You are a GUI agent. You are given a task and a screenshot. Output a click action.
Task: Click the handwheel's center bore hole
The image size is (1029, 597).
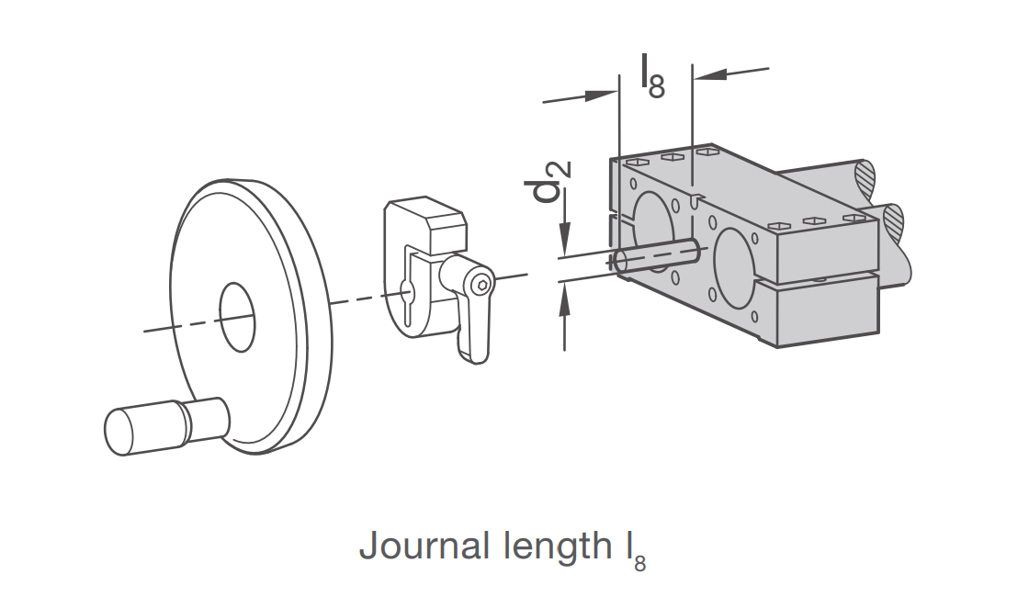click(x=237, y=317)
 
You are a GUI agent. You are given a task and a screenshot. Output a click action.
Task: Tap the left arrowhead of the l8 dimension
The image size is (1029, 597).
click(x=601, y=96)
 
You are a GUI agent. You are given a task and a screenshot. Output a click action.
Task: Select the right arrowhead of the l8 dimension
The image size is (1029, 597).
click(x=710, y=74)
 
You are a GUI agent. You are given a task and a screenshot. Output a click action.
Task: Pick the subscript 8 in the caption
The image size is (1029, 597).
click(x=639, y=564)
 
